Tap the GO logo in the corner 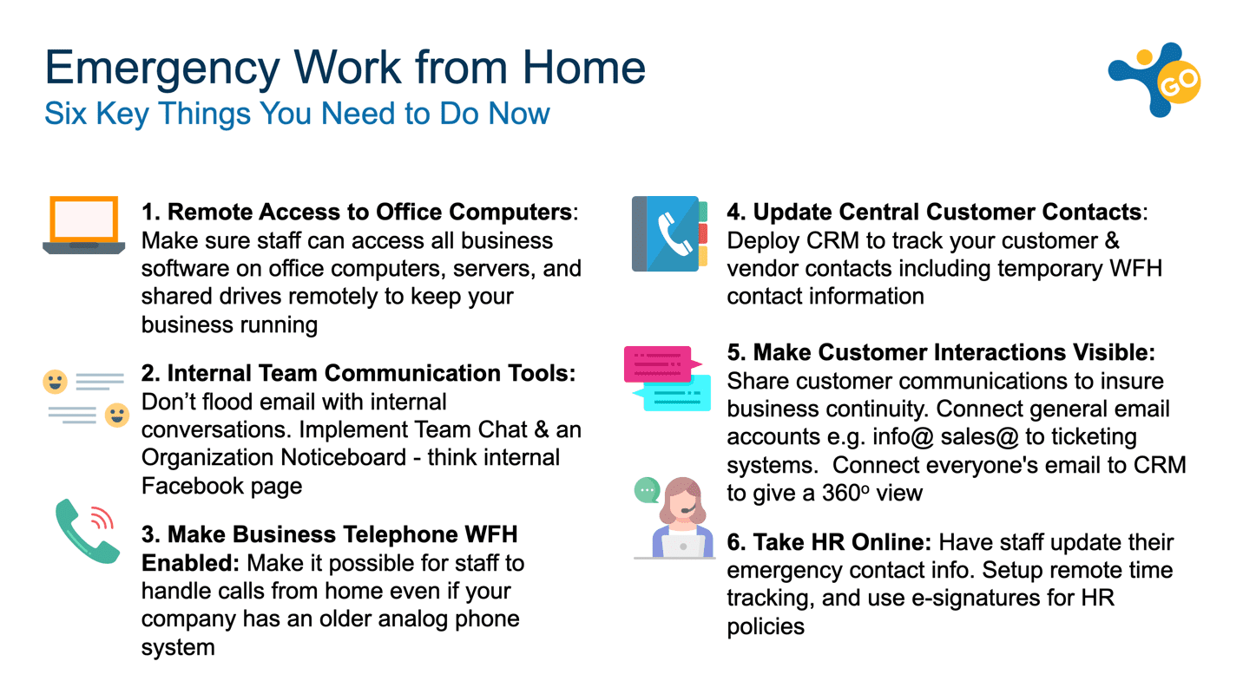click(1154, 79)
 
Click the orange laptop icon click(84, 225)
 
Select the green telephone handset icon click(88, 531)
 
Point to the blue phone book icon click(670, 233)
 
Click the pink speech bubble click(662, 364)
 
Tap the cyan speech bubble click(673, 393)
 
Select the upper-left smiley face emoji click(55, 382)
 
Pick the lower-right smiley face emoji click(117, 415)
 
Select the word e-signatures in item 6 click(993, 598)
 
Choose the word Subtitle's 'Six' click(65, 114)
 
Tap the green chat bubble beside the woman click(647, 490)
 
